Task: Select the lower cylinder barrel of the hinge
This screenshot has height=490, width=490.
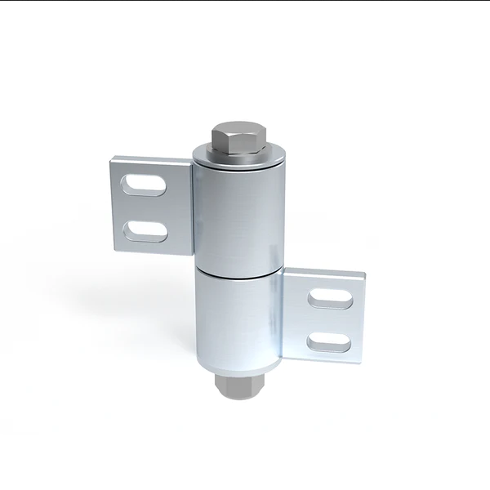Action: click(x=238, y=323)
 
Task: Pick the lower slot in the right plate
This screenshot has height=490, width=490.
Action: click(x=330, y=341)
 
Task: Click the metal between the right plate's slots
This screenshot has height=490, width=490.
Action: click(x=331, y=319)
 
